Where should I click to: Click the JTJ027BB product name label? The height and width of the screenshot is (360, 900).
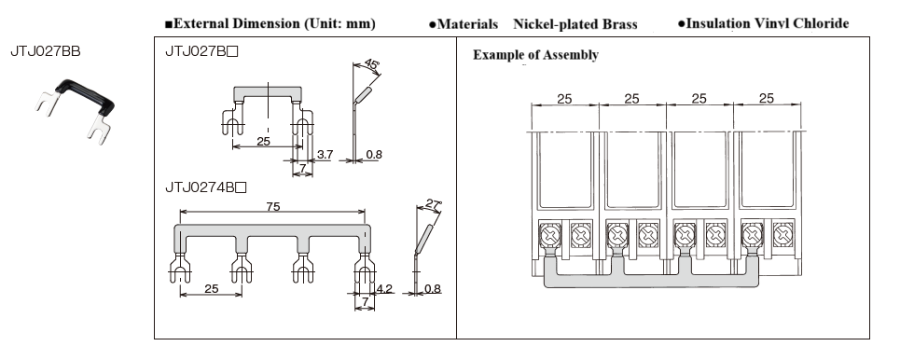click(x=46, y=51)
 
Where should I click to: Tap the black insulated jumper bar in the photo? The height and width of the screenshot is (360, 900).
click(x=85, y=96)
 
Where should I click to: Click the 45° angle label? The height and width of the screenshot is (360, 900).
click(x=371, y=63)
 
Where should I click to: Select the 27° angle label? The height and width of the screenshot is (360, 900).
click(x=433, y=203)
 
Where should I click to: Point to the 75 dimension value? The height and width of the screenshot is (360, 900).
click(x=273, y=206)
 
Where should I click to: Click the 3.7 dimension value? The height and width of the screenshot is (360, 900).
click(x=325, y=155)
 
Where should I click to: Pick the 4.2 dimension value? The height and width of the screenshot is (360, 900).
click(x=384, y=288)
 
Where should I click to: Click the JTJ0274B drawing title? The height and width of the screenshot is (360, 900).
click(x=205, y=187)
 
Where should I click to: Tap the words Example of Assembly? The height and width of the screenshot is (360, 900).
click(x=535, y=55)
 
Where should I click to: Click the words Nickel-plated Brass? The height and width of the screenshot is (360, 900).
click(x=575, y=24)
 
